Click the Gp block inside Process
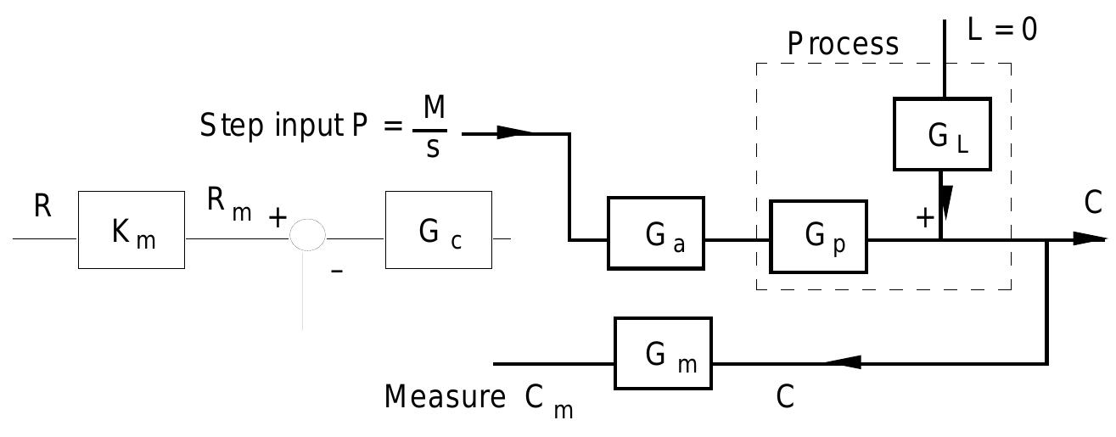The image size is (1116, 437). coord(818,237)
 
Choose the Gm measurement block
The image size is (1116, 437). coord(664,353)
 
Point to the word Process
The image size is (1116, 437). coord(842,44)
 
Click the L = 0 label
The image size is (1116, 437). coord(1002,30)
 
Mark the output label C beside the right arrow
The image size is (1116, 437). coord(1093,203)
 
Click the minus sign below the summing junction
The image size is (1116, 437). coord(336,272)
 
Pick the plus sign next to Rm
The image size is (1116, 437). coord(277,218)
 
